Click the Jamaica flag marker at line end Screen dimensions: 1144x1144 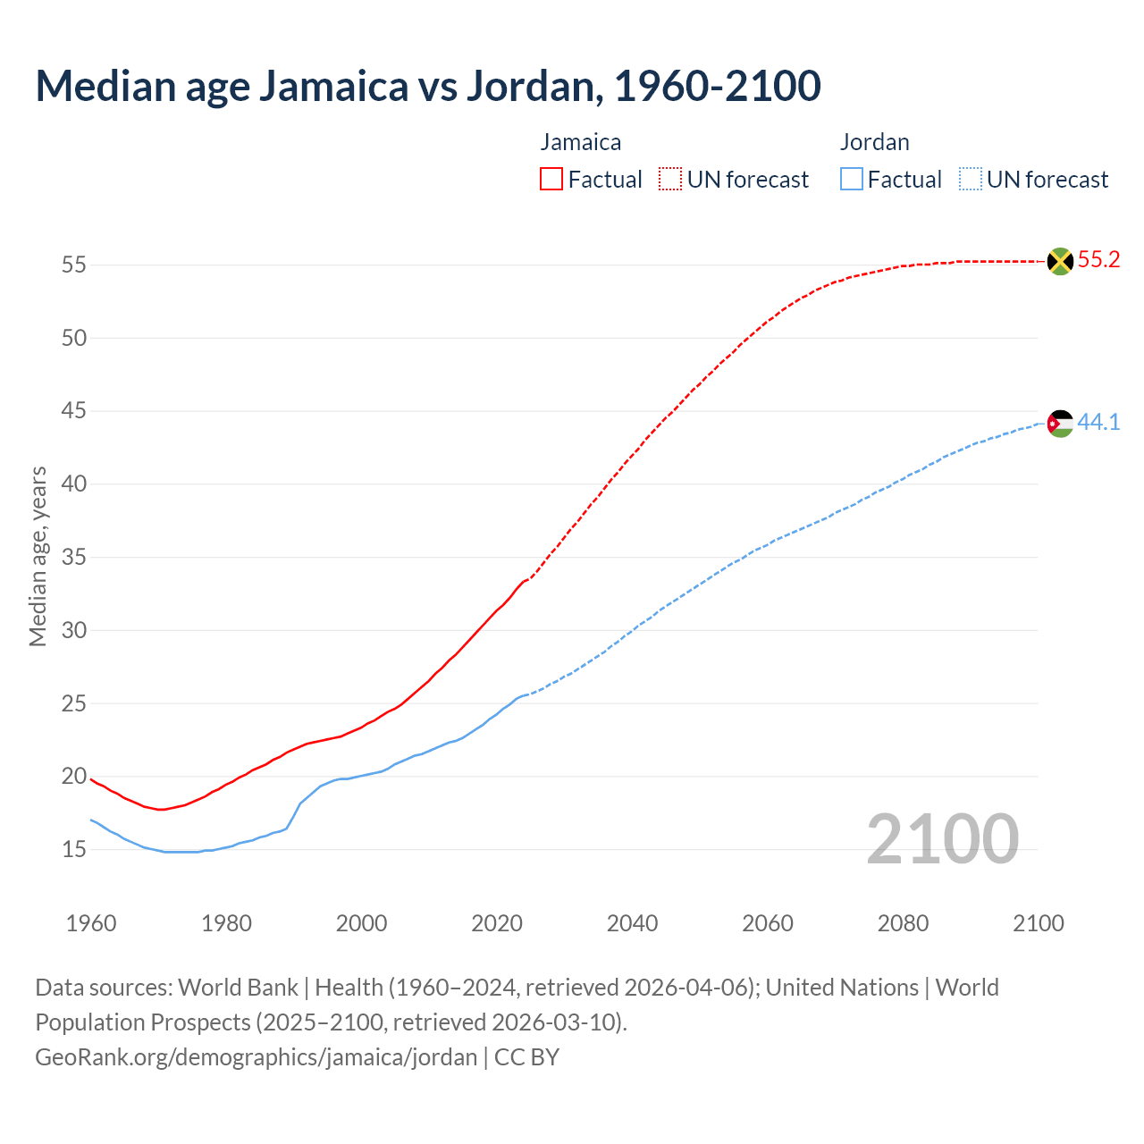coord(1060,261)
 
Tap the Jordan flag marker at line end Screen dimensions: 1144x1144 coord(1060,423)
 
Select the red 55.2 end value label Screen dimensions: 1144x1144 coord(1098,260)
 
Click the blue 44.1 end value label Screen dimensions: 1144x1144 coord(1098,422)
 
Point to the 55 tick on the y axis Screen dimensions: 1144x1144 coord(73,265)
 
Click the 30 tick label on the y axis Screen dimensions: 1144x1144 coord(73,630)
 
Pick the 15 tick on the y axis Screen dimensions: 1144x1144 coord(73,849)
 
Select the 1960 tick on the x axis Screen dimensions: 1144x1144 coord(91,923)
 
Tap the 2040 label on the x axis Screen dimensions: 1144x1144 coord(632,923)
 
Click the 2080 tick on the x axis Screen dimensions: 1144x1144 coord(903,923)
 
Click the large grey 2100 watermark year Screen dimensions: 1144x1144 coord(942,838)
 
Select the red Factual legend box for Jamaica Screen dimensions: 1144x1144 coord(551,180)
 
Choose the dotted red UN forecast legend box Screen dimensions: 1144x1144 coord(670,180)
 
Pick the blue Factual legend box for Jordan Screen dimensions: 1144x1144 coord(852,180)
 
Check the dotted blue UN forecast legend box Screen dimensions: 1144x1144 coord(971,180)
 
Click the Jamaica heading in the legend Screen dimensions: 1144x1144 coord(580,142)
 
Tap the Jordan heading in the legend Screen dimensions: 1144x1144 coord(874,142)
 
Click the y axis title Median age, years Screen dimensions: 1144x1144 coord(38,556)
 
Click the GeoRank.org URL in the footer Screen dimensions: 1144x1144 coord(257,1057)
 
